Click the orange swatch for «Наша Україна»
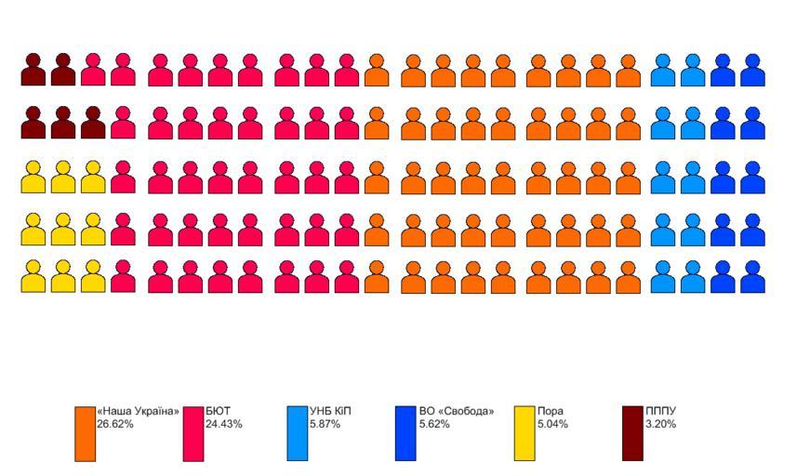tap(86, 433)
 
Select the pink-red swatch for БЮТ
tap(193, 433)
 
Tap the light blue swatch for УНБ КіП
tap(298, 433)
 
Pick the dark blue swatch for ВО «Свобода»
tap(405, 433)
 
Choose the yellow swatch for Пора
tap(525, 433)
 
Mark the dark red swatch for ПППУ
tap(632, 433)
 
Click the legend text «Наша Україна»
tap(138, 411)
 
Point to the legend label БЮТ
tap(218, 411)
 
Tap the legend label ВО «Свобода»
tap(457, 411)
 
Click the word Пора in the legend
tap(551, 411)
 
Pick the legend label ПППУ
tap(661, 411)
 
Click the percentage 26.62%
tap(115, 424)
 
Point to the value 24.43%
tap(224, 424)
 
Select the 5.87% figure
tap(325, 424)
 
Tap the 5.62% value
tap(434, 424)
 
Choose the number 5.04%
tap(552, 424)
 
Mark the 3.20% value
tap(661, 424)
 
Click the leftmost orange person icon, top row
tap(377, 72)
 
